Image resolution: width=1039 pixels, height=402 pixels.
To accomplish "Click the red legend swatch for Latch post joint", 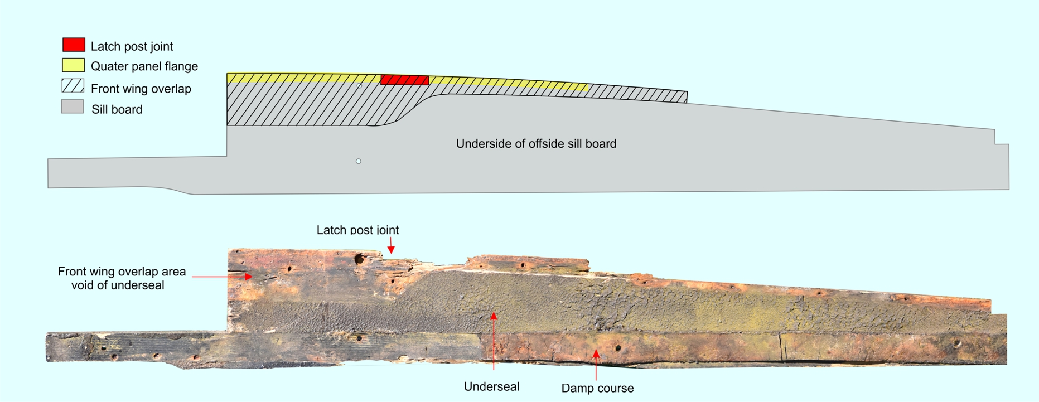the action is click(74, 45).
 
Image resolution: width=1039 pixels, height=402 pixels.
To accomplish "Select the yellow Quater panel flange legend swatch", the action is click(73, 65).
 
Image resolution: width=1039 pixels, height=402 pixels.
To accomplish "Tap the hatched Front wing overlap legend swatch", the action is click(73, 86).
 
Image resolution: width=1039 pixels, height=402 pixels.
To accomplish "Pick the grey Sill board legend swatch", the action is click(73, 106).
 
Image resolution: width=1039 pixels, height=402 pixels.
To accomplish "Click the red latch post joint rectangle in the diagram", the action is click(405, 80).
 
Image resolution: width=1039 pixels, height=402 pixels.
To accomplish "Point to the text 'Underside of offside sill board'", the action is click(536, 143).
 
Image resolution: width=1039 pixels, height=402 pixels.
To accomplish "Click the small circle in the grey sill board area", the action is click(359, 161).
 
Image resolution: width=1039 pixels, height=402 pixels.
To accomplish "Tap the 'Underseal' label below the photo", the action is click(491, 386).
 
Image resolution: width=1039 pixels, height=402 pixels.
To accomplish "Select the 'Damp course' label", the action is click(597, 388).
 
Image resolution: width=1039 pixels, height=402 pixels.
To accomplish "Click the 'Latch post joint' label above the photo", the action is click(357, 230).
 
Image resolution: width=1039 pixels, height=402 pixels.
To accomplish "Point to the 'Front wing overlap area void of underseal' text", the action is click(121, 278).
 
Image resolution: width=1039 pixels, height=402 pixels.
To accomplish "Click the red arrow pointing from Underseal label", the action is click(494, 341).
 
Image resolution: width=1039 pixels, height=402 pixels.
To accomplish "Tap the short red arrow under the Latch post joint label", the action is click(391, 245).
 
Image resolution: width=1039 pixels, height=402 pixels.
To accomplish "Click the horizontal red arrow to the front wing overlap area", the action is click(222, 276).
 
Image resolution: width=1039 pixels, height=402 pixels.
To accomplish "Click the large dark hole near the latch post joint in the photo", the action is click(360, 259).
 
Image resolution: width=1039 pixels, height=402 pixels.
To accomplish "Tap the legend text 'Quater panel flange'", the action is click(144, 66).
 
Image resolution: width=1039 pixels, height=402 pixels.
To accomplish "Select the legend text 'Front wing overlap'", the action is click(141, 89).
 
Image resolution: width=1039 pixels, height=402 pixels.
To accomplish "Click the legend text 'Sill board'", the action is click(117, 109).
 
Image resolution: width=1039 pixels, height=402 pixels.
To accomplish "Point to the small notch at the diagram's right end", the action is click(1002, 137).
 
